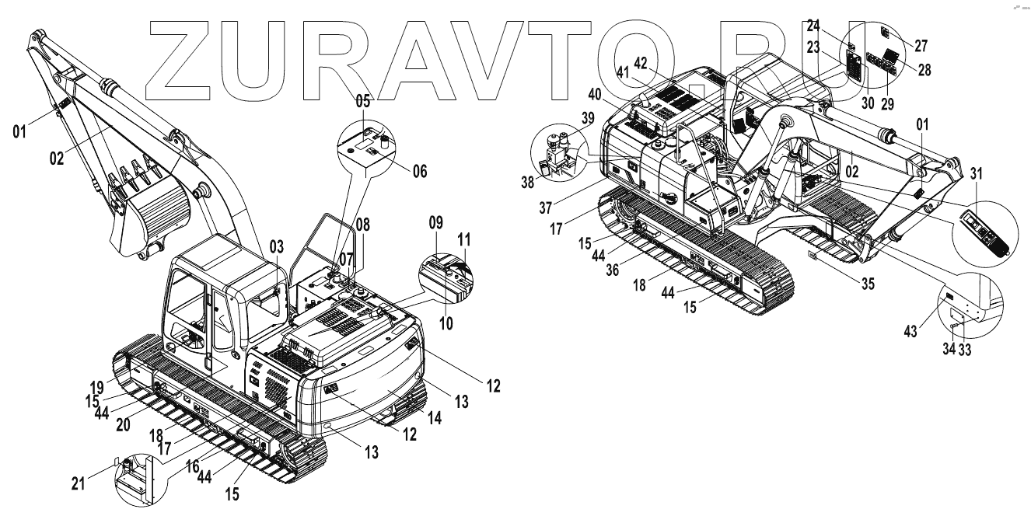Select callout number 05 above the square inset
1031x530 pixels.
pos(363,101)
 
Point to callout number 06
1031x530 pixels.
pos(419,171)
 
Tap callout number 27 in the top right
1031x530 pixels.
pos(921,46)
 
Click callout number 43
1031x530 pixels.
pos(910,332)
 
